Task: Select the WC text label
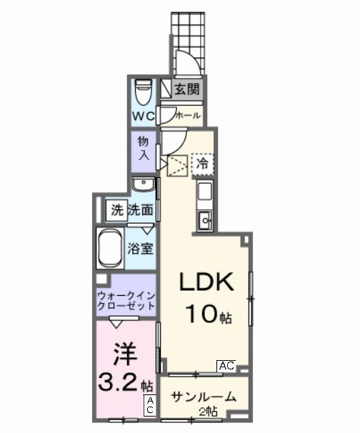point(141,115)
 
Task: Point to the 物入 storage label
point(142,148)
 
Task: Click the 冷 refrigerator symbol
point(203,164)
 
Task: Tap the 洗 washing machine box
point(116,210)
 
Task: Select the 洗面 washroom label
point(141,210)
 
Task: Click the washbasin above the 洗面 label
point(144,185)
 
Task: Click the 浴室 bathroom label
point(140,249)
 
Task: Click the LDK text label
point(206,284)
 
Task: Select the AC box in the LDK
point(226,366)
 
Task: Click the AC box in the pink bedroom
point(149,406)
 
